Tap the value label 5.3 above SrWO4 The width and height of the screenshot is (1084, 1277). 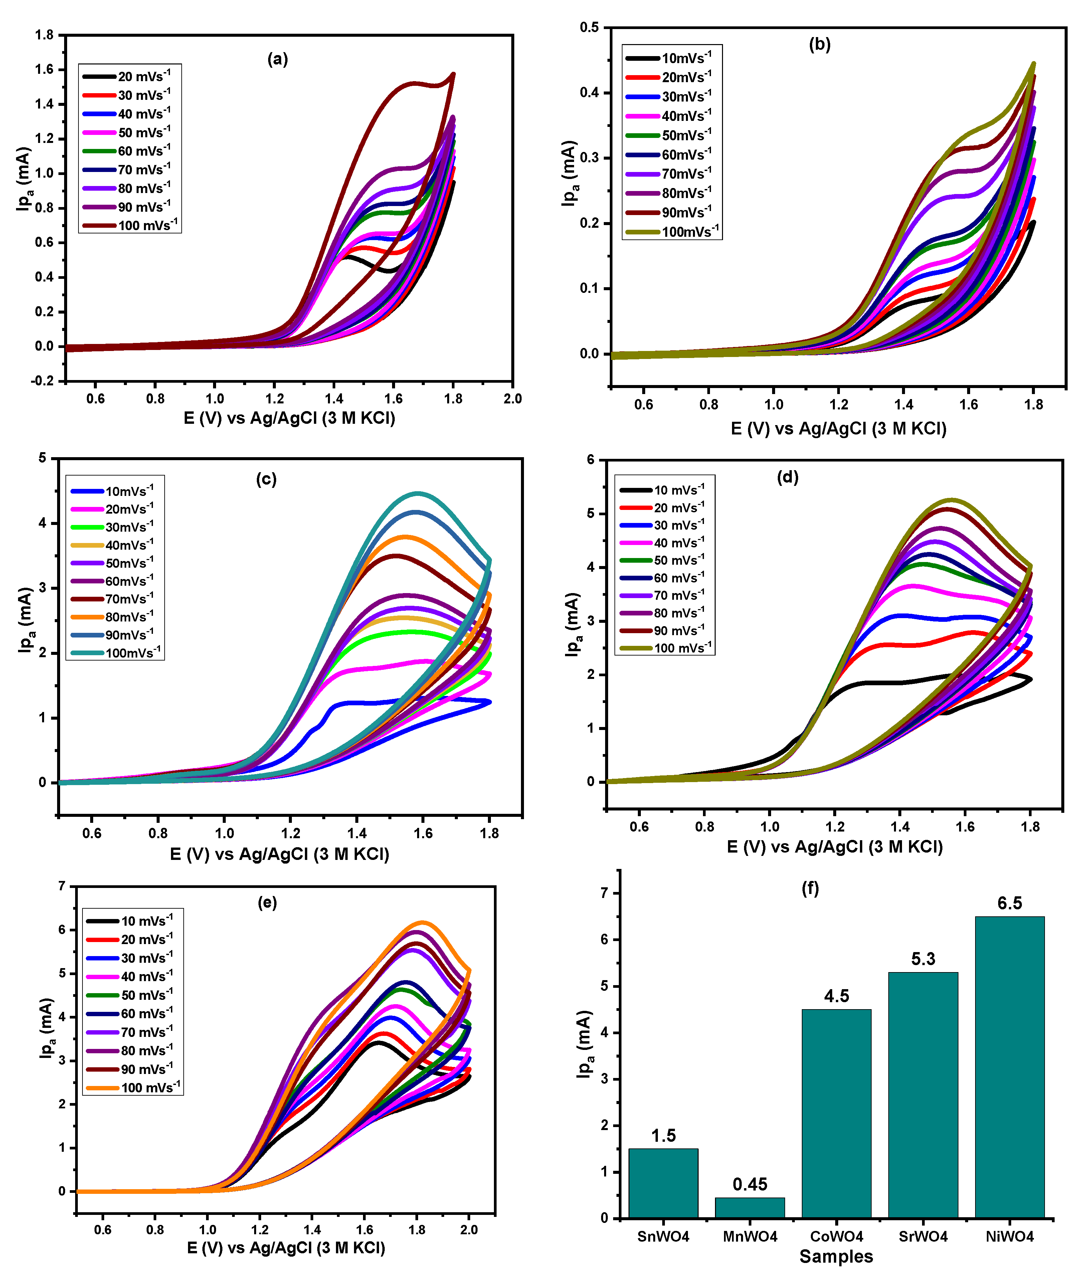[x=923, y=959]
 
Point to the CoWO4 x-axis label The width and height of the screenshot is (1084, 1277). [x=836, y=1237]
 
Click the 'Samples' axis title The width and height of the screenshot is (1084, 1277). [x=836, y=1257]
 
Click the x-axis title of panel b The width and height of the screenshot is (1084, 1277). [x=838, y=429]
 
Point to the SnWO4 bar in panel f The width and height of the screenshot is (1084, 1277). [x=663, y=1183]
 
